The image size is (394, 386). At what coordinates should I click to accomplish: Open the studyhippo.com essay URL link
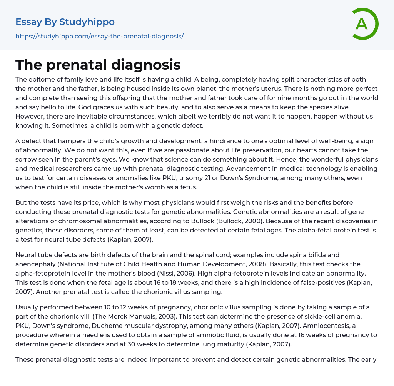point(99,36)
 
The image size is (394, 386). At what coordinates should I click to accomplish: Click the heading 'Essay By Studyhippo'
point(65,22)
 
